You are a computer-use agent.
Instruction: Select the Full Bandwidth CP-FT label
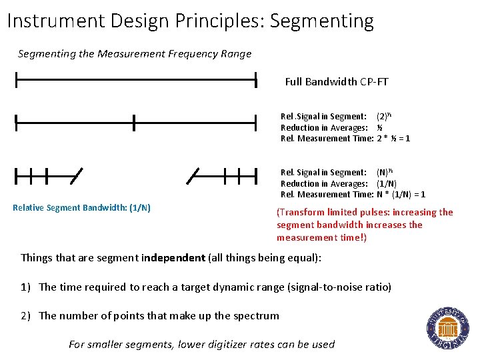[337, 82]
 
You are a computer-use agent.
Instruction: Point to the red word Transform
[303, 213]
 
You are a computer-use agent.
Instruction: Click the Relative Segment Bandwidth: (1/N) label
[81, 208]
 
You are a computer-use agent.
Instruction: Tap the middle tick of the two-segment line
[134, 123]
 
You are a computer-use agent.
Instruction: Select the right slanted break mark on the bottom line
[193, 176]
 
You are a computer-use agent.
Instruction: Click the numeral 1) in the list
[26, 287]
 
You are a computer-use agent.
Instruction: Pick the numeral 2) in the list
[26, 316]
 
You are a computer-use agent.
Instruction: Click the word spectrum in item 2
[256, 316]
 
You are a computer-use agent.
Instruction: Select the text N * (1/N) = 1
[401, 195]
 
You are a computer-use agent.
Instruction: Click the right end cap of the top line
[256, 81]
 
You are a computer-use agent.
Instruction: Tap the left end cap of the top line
[16, 81]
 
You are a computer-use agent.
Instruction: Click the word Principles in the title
[217, 21]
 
